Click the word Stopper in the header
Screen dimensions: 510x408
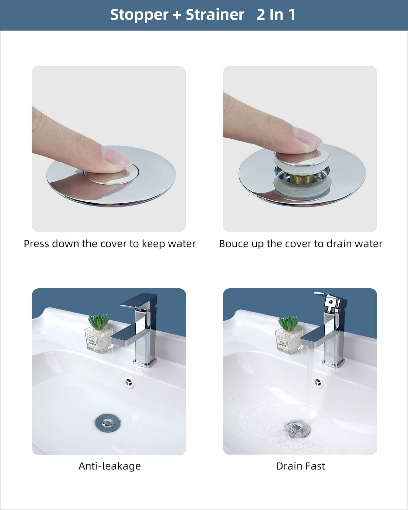[x=139, y=15]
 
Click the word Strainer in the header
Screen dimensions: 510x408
[x=215, y=15]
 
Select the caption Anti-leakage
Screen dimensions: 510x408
[x=109, y=466]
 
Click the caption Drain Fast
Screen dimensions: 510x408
[x=301, y=466]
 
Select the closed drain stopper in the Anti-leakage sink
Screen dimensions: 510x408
[x=108, y=423]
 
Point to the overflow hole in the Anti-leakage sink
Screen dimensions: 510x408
[x=129, y=383]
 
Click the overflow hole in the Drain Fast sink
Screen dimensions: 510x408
[x=318, y=383]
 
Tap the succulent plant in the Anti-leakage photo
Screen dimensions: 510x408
[x=99, y=322]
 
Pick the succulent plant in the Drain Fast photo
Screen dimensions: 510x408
[x=289, y=323]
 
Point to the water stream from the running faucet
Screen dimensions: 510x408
[x=308, y=391]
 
